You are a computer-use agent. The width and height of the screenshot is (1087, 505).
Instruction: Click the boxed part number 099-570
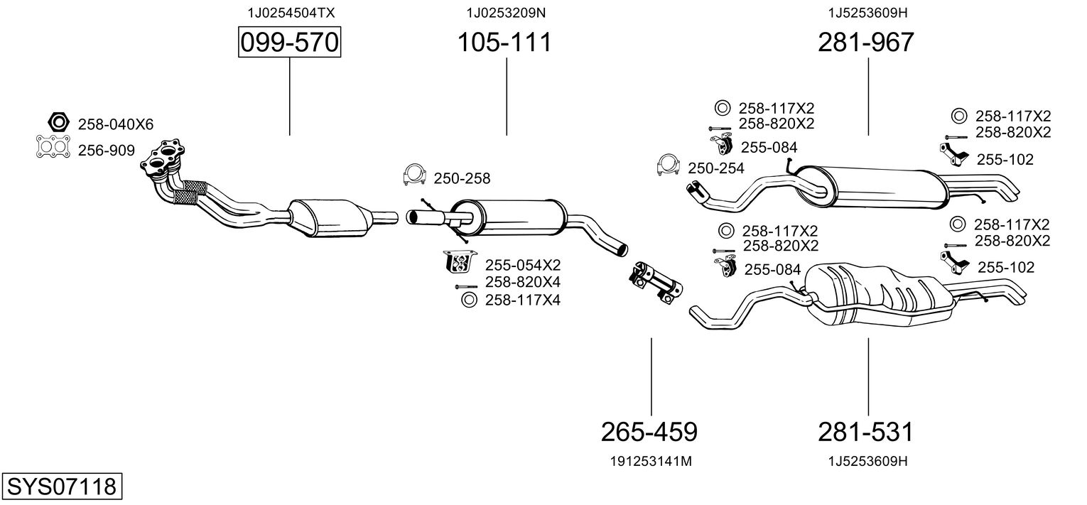289,42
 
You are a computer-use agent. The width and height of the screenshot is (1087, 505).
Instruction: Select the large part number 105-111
504,42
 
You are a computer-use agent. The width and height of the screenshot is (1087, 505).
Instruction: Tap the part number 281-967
866,42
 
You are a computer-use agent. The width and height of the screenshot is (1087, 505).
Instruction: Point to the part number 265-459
649,432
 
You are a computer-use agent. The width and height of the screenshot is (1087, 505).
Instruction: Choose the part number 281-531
866,432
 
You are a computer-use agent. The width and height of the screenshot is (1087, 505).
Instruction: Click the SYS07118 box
62,486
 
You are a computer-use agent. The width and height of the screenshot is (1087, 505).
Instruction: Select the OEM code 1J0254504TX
291,13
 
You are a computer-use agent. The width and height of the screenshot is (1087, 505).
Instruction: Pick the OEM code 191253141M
651,462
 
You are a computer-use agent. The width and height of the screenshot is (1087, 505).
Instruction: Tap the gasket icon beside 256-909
53,146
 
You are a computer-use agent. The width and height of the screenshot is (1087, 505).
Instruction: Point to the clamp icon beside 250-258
414,175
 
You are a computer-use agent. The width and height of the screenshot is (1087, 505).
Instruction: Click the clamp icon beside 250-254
668,165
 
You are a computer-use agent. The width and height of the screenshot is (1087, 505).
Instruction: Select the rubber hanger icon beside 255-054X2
459,261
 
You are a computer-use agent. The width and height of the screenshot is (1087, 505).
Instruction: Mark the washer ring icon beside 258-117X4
469,300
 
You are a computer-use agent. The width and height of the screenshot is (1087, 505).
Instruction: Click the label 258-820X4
523,282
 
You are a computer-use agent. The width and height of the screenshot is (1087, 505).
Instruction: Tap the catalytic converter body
329,218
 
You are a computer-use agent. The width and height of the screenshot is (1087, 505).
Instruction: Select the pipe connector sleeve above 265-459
656,283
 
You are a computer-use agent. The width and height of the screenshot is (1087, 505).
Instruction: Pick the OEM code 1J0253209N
506,13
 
